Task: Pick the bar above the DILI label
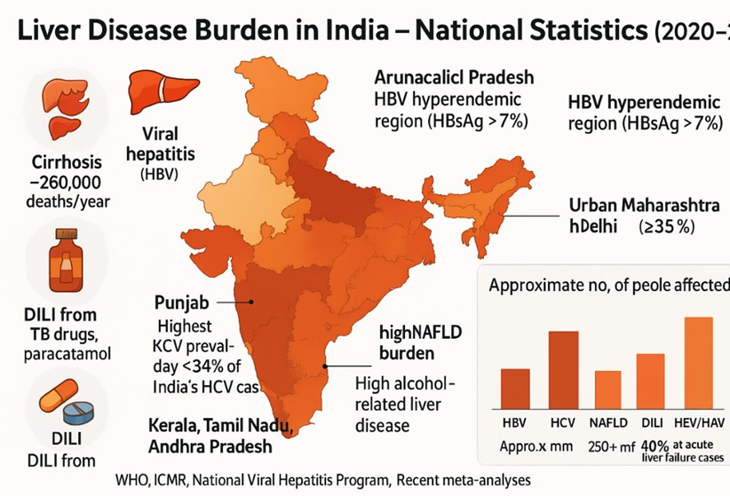tap(651, 379)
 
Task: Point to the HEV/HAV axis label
tap(699, 422)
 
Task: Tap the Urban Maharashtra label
tap(643, 206)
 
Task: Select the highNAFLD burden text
tap(394, 344)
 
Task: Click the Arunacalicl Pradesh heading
tap(453, 78)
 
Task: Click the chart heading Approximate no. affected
tap(609, 285)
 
